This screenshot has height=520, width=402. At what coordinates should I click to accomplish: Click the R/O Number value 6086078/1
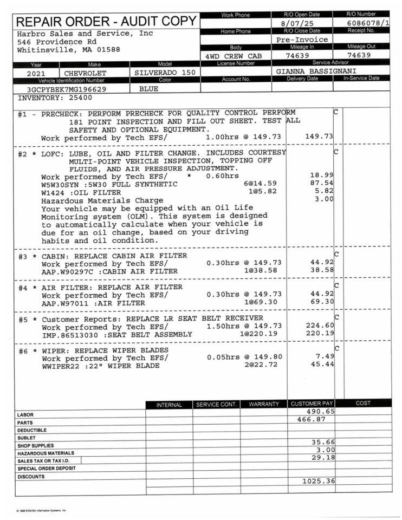tap(368, 23)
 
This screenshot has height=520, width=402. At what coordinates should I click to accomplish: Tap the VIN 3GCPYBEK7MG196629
tap(67, 89)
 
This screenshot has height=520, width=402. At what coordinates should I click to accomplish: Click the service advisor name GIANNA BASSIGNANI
tap(312, 71)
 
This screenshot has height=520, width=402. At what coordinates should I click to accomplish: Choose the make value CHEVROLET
tap(86, 73)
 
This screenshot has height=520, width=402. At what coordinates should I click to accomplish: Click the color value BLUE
tap(149, 89)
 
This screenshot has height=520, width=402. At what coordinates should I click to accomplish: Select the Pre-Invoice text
tap(302, 40)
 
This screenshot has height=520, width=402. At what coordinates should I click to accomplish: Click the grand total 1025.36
tap(319, 481)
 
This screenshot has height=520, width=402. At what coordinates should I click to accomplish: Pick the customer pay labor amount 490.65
tap(320, 411)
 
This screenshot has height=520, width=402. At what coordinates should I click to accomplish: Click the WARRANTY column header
tap(264, 404)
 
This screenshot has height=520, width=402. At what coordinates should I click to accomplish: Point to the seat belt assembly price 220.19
tap(320, 334)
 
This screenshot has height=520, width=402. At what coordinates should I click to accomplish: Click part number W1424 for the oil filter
tap(53, 192)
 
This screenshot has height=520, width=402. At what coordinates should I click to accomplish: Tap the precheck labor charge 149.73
tap(320, 136)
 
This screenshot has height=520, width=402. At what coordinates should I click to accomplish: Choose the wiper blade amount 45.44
tap(322, 366)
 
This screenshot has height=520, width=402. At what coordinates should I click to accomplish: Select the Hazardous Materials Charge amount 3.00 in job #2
tap(325, 199)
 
